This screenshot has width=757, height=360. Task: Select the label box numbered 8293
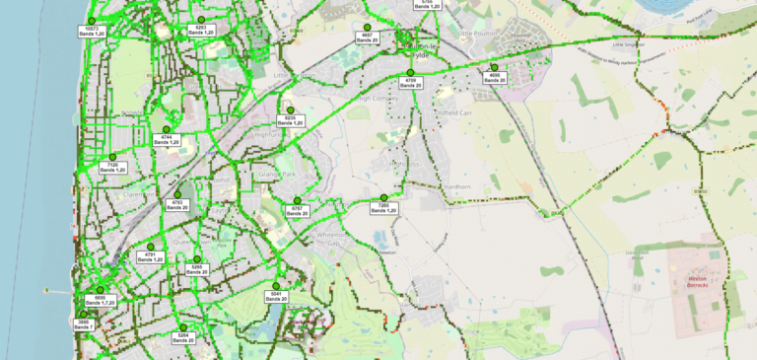tap(201, 31)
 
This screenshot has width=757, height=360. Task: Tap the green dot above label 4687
tap(367, 26)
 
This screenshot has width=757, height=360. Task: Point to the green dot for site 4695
tap(494, 67)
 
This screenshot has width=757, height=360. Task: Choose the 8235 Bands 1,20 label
tap(290, 120)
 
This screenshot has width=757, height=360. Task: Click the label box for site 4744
tap(166, 139)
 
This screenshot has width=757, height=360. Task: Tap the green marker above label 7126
tap(112, 158)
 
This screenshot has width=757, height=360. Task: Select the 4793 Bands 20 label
tap(177, 204)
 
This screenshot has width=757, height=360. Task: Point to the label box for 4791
tap(151, 256)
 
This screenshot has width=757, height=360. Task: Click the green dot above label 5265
tap(196, 259)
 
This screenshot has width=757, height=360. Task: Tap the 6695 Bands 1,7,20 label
tap(100, 300)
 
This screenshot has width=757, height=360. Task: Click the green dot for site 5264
tap(182, 327)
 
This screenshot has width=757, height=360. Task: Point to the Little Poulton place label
tap(480, 33)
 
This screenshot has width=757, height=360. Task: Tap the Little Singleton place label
tap(628, 44)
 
